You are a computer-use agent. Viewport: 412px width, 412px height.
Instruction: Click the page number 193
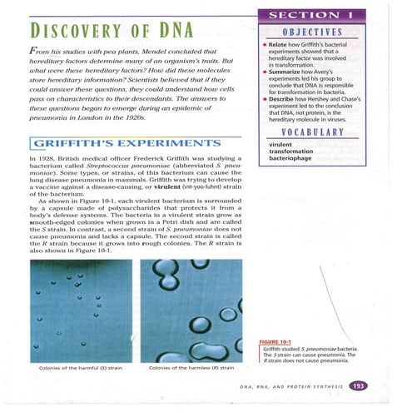[x=360, y=385]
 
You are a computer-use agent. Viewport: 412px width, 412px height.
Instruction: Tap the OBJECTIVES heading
[x=322, y=33]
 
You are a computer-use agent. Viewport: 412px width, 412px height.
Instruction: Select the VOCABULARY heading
[x=322, y=132]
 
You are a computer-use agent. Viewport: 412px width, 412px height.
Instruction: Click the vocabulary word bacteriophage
[x=295, y=159]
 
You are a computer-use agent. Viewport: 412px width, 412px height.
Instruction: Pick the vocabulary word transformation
[x=296, y=151]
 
